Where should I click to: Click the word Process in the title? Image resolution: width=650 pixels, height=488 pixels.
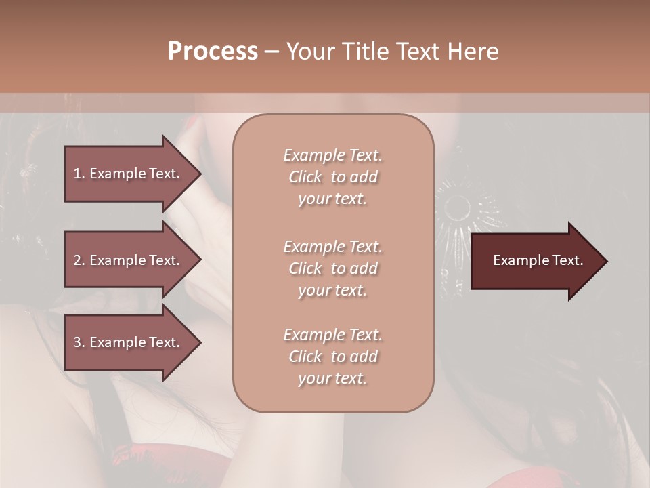tap(213, 52)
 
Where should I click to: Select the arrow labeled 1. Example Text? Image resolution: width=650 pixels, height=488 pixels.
tap(129, 174)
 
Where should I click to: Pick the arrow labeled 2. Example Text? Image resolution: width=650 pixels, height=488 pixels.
tap(129, 260)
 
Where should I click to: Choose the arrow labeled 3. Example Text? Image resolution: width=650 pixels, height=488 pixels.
tap(129, 343)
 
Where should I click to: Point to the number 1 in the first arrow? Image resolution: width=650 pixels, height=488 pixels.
tap(77, 174)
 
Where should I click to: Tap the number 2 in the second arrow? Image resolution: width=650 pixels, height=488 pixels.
tap(77, 260)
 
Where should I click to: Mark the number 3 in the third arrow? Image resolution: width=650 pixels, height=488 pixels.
tap(77, 343)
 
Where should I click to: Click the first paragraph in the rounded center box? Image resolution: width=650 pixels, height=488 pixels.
tap(332, 177)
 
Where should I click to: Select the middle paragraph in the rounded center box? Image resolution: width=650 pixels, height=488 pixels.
tap(332, 268)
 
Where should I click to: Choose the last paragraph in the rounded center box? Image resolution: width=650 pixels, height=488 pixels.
tap(332, 357)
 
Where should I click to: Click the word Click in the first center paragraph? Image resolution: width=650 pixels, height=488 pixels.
tap(305, 177)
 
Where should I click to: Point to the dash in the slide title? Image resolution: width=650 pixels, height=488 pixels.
tap(272, 52)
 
